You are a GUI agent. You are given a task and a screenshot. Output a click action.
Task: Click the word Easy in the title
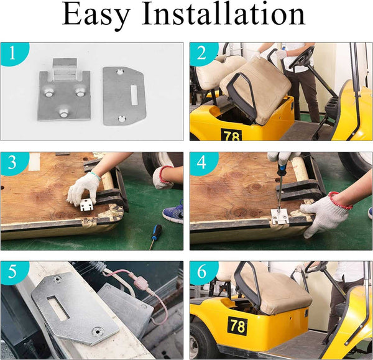click(96, 15)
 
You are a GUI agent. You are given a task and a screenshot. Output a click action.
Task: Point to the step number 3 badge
click(12, 163)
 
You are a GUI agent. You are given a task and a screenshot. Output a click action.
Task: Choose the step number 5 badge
click(12, 272)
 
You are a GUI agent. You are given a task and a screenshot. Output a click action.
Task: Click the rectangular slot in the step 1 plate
click(134, 95)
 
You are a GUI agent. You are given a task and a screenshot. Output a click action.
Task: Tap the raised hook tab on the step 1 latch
click(65, 70)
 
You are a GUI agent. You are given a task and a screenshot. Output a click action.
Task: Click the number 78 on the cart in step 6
click(238, 326)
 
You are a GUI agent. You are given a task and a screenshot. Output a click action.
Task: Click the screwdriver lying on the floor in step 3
click(155, 236)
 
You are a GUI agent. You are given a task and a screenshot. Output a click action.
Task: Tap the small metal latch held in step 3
click(86, 205)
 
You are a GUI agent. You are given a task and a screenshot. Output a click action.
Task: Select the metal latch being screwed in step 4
click(280, 216)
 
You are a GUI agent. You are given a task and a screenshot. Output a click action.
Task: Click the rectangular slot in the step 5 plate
click(58, 308)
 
